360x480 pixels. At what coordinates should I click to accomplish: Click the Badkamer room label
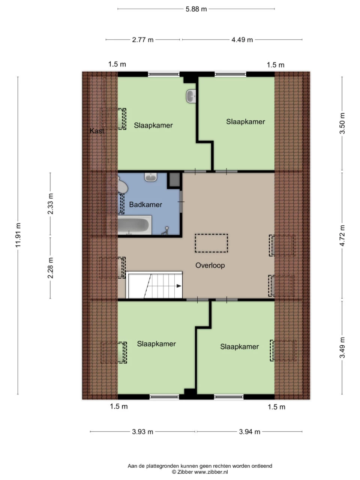pos(145,204)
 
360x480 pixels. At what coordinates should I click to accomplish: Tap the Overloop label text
pos(210,265)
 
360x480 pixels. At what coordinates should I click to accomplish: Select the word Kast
pos(97,131)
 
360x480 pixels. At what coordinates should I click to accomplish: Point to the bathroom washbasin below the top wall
pos(151,177)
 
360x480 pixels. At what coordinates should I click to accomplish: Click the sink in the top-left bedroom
pos(191,96)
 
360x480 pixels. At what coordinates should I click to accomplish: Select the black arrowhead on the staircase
pos(179,286)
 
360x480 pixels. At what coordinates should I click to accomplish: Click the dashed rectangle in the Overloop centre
pos(211,243)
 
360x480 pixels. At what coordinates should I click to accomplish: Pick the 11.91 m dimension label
pos(18,235)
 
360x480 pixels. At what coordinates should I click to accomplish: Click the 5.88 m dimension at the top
pos(196,9)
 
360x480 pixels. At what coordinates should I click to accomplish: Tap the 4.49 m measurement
pos(242,40)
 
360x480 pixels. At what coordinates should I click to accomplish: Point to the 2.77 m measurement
pos(143,40)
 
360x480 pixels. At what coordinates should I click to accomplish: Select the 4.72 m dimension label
pos(342,235)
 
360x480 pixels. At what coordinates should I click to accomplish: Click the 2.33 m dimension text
pos(50,204)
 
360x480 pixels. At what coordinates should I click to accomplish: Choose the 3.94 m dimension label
pos(250,432)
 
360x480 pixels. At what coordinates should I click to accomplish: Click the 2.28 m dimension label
pos(50,268)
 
